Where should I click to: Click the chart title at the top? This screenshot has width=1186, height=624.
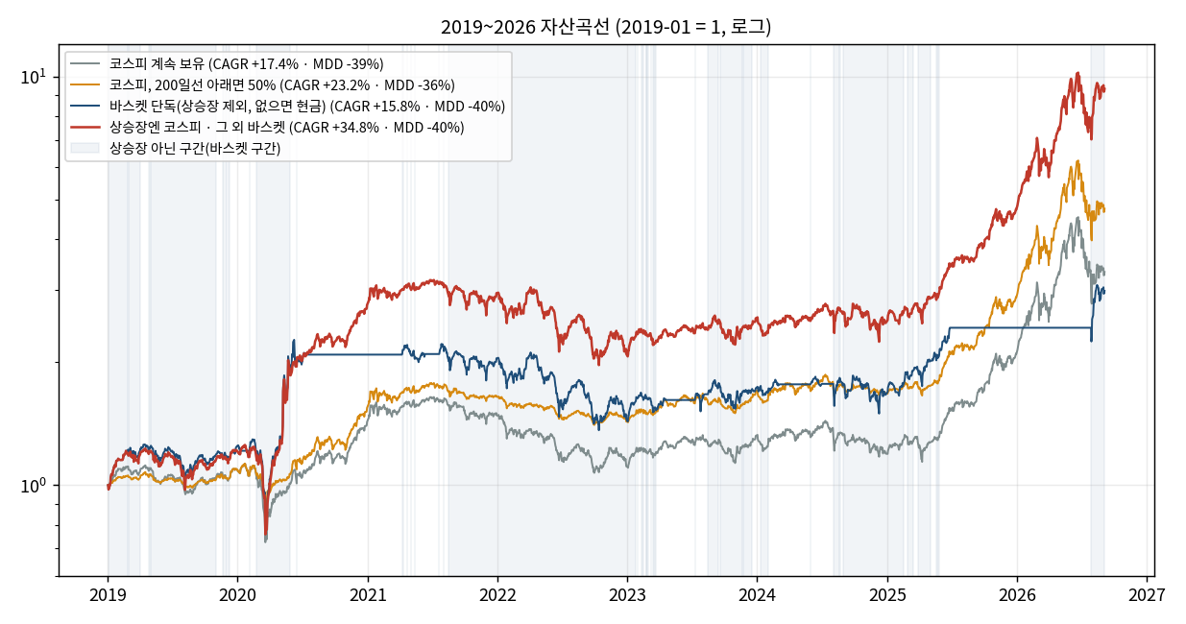(606, 27)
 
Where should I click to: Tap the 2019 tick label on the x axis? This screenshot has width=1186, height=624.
(108, 595)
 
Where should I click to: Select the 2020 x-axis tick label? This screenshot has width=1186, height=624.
(238, 595)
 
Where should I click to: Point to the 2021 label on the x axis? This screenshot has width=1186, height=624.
(368, 595)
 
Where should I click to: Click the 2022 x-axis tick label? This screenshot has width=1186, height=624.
(497, 595)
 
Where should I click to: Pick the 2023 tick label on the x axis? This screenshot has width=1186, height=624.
(627, 595)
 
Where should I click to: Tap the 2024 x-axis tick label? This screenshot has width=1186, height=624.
(757, 595)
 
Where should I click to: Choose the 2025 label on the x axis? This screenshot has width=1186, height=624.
(887, 595)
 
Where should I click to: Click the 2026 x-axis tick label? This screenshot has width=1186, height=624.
(1017, 595)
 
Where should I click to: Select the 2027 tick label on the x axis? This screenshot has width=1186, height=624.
(1147, 595)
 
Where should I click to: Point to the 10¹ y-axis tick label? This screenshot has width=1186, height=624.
(34, 77)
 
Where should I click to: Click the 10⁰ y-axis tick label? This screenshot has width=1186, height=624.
(34, 485)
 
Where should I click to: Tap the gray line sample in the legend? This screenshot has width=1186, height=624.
(85, 64)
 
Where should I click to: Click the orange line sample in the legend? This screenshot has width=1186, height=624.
(85, 85)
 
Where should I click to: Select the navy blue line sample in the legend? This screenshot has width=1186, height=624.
(85, 107)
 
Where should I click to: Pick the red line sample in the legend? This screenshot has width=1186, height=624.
(85, 128)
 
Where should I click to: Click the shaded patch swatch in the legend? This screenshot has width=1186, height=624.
(85, 148)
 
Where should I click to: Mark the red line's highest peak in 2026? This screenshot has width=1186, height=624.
(1077, 73)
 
